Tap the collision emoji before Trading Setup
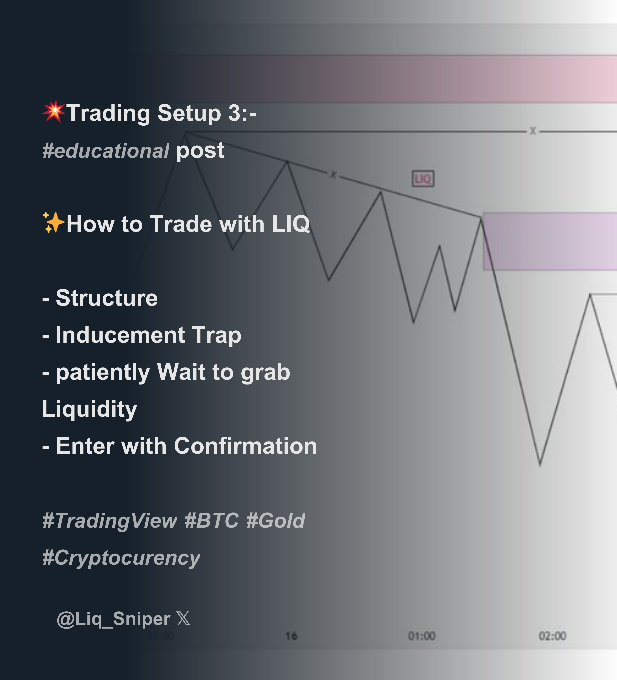tap(53, 112)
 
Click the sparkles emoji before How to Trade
tap(53, 223)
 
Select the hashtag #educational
tap(105, 151)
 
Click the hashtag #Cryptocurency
tap(121, 557)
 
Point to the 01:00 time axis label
tap(421, 636)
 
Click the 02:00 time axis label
tap(552, 636)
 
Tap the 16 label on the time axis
tap(291, 636)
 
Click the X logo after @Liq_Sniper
tap(183, 619)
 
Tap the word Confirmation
tap(245, 446)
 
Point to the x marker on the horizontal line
tap(533, 131)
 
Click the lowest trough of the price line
tap(540, 465)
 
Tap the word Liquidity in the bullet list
tap(89, 409)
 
